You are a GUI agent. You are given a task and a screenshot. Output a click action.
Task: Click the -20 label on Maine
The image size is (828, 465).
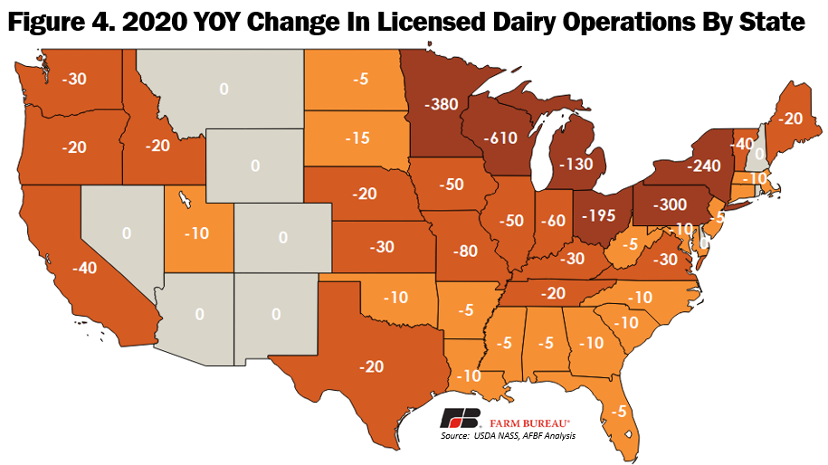pos(793,118)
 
